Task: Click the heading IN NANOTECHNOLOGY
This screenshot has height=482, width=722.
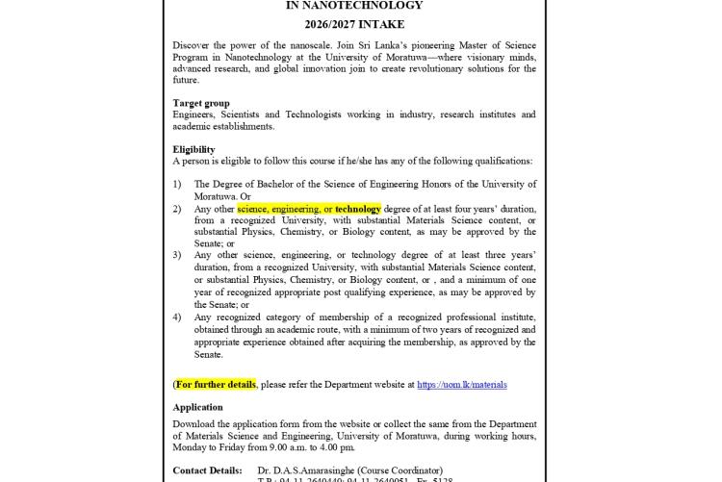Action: (x=354, y=6)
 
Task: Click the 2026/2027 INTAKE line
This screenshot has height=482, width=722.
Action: (x=354, y=24)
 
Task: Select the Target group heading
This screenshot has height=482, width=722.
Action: (x=201, y=102)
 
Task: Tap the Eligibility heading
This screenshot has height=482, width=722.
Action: (x=193, y=149)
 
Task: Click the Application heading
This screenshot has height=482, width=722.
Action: (x=197, y=407)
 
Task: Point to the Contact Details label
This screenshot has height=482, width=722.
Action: (x=207, y=470)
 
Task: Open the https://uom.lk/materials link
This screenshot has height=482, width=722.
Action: (x=461, y=385)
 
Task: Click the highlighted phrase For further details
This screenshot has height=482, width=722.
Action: (x=216, y=385)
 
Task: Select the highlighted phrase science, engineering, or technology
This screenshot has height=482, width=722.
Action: (x=309, y=209)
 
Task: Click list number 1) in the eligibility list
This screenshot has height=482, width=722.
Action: (x=177, y=184)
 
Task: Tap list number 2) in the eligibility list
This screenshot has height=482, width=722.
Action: (x=177, y=209)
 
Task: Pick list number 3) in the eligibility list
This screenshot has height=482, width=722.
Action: (x=177, y=255)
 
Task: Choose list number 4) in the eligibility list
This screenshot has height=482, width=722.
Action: (x=177, y=317)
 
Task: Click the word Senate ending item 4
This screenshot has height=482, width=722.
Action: (x=209, y=354)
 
